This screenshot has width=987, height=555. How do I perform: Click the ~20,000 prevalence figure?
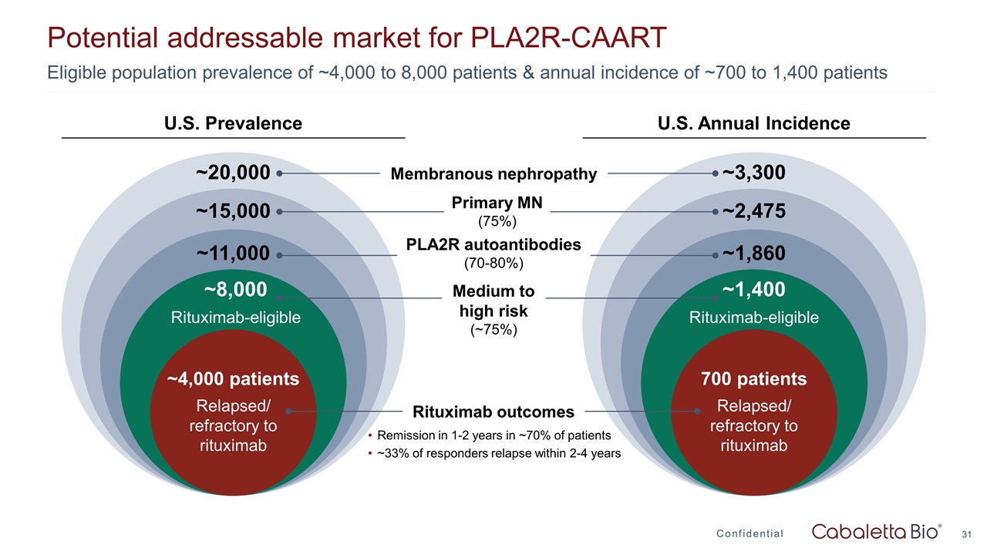pyautogui.click(x=233, y=173)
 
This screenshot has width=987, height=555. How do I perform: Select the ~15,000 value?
pyautogui.click(x=233, y=210)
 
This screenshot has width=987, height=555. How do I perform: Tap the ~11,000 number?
pyautogui.click(x=233, y=253)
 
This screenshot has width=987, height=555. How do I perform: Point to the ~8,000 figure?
pyautogui.click(x=235, y=289)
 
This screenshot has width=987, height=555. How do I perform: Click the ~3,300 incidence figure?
pyautogui.click(x=754, y=173)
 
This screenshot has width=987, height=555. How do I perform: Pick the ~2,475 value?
pyautogui.click(x=754, y=210)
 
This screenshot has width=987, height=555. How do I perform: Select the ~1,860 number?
pyautogui.click(x=754, y=253)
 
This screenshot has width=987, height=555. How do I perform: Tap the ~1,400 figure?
pyautogui.click(x=753, y=289)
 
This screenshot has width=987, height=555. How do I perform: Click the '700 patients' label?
pyautogui.click(x=753, y=379)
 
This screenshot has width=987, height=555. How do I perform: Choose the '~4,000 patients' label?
pyautogui.click(x=233, y=379)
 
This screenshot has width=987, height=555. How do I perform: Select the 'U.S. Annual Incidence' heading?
pyautogui.click(x=753, y=123)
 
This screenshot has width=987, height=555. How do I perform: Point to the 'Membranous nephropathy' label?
pyautogui.click(x=493, y=174)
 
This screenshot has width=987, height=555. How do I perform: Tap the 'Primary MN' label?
pyautogui.click(x=497, y=203)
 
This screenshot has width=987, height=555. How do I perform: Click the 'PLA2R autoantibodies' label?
pyautogui.click(x=493, y=244)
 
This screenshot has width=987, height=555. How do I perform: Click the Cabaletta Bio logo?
pyautogui.click(x=877, y=532)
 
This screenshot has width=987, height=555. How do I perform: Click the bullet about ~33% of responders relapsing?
pyautogui.click(x=498, y=453)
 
